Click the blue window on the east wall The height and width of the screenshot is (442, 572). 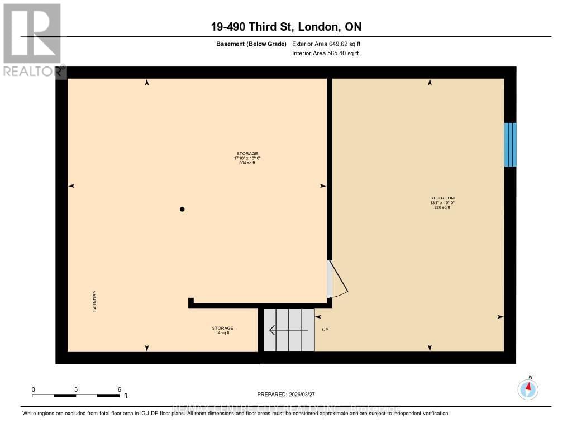pos(509,145)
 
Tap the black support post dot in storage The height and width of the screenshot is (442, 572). pos(182,209)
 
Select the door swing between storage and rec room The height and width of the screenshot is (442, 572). pos(337,279)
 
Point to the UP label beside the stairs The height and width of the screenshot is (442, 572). pos(325,330)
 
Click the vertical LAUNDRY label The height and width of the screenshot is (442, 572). pos(96,301)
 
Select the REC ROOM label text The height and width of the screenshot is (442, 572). pos(438,198)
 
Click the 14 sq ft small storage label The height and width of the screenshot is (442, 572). pos(222,333)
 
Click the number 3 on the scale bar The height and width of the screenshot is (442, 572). pos(75,389)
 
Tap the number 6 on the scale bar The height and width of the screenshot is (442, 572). pos(119,389)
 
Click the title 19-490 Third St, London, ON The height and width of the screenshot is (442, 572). pos(286,27)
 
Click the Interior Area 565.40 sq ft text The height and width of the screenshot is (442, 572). pos(326,54)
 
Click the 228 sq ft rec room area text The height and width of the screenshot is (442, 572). pos(442,207)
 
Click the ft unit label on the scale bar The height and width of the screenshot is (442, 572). pos(126,396)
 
